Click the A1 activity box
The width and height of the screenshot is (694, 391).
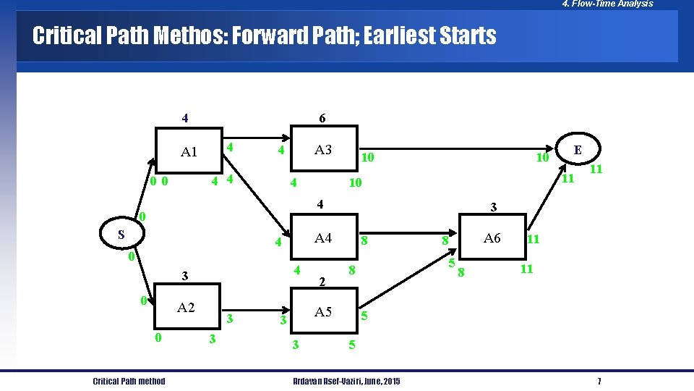tap(189, 151)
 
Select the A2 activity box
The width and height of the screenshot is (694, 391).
tap(186, 308)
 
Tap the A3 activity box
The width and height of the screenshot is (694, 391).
tap(323, 150)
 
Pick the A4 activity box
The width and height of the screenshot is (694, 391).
tap(323, 237)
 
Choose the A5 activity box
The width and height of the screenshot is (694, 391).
tap(323, 312)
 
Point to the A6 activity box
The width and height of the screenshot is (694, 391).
tap(492, 237)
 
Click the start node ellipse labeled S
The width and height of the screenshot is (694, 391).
tap(121, 235)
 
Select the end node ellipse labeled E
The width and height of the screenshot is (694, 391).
tap(578, 151)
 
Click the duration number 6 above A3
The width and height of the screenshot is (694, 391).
tap(322, 118)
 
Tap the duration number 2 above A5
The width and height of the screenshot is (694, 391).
tap(323, 281)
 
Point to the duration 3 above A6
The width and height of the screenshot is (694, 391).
tap(493, 208)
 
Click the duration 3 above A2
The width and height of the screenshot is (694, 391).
tap(185, 276)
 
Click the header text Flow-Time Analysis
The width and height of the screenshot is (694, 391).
tap(613, 4)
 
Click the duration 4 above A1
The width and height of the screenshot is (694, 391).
tap(185, 118)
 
